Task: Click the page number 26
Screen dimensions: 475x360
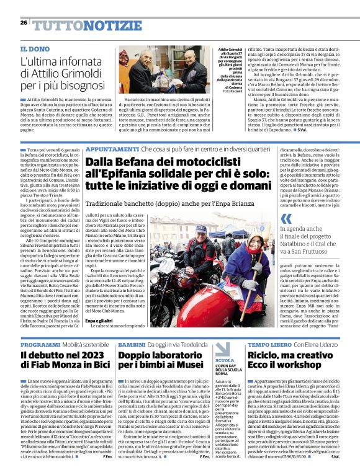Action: pyautogui.click(x=24, y=23)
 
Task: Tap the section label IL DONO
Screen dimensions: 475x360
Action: pyautogui.click(x=34, y=49)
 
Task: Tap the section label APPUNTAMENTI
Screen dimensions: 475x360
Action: pyautogui.click(x=112, y=149)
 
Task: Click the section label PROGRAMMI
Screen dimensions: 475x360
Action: pyautogui.click(x=40, y=344)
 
